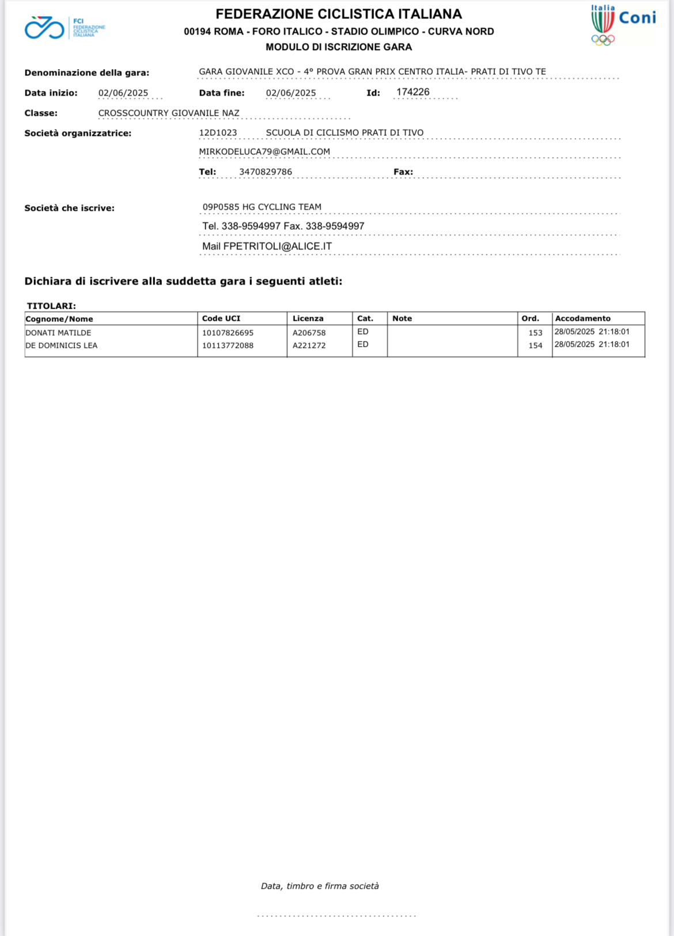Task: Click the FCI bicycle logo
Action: click(44, 28)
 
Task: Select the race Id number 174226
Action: click(412, 92)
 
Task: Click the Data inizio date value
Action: click(123, 93)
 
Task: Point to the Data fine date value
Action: click(291, 93)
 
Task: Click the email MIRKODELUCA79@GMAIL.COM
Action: click(264, 152)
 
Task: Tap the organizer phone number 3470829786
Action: click(266, 172)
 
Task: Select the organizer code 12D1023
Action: click(218, 133)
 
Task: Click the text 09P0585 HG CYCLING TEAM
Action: click(262, 207)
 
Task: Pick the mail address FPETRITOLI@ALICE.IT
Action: click(277, 247)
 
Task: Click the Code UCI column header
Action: click(221, 319)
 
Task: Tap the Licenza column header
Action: click(308, 319)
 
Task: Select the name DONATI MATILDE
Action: click(58, 333)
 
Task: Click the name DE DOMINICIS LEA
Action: click(62, 346)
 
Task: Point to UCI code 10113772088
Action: click(228, 346)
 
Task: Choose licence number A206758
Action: click(309, 333)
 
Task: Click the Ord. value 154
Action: click(535, 346)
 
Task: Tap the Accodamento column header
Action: click(582, 319)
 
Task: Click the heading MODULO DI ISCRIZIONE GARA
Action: click(339, 47)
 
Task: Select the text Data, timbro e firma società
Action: click(320, 886)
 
